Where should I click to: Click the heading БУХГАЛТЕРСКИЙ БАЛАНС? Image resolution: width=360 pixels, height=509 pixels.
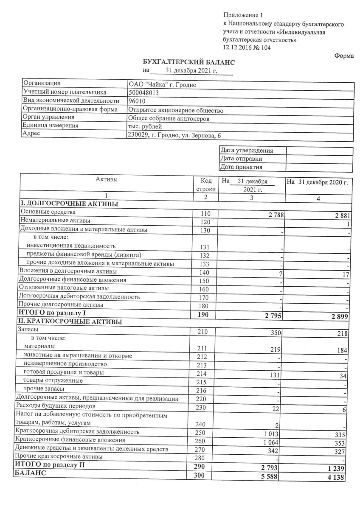189,62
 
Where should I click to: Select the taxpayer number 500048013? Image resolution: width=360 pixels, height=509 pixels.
143,92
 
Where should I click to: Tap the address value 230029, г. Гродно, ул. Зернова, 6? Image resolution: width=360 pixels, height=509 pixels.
174,136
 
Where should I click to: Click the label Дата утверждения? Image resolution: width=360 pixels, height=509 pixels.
247,151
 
